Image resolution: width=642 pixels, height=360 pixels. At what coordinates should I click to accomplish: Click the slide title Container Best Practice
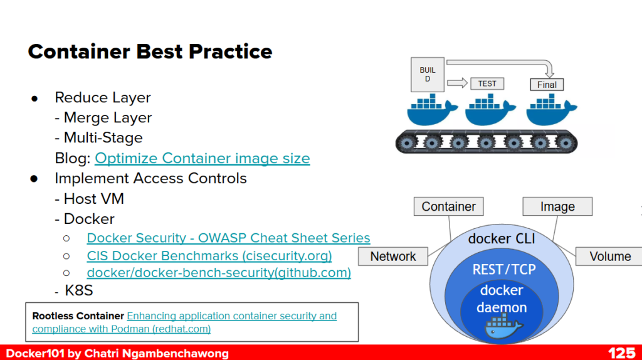click(x=150, y=51)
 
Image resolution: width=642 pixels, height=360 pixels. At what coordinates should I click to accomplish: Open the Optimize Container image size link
click(x=202, y=158)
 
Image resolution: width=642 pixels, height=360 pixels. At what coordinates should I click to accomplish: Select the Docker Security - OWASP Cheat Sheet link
click(x=228, y=238)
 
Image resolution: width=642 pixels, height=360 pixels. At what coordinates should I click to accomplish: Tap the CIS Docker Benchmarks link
click(x=209, y=256)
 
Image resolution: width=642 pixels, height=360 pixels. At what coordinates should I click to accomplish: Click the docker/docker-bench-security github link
click(x=219, y=273)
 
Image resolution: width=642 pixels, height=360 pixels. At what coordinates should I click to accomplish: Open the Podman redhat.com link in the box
click(x=184, y=322)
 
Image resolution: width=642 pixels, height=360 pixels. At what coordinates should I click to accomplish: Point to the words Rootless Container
click(x=78, y=316)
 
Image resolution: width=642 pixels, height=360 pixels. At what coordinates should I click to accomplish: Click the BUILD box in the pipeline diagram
click(x=428, y=75)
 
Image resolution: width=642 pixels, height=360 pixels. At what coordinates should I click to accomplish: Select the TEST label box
click(x=487, y=83)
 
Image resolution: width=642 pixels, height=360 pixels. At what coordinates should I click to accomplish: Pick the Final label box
click(x=547, y=85)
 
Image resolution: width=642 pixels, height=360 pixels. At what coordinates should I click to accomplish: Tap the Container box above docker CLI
click(x=448, y=206)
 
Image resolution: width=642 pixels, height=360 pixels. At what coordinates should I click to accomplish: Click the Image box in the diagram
click(x=557, y=206)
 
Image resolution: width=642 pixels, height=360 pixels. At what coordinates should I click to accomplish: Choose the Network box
click(x=393, y=256)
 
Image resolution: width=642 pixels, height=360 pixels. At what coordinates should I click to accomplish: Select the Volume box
click(x=609, y=256)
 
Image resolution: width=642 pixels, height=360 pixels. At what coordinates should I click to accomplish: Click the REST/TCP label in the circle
click(x=503, y=270)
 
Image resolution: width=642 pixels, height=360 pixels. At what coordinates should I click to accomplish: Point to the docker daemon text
click(x=502, y=299)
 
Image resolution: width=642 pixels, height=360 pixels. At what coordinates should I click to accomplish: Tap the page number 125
click(x=621, y=353)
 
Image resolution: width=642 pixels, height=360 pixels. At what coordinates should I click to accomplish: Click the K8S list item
click(x=79, y=291)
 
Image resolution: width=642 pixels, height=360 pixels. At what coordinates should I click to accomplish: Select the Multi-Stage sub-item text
click(x=103, y=138)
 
